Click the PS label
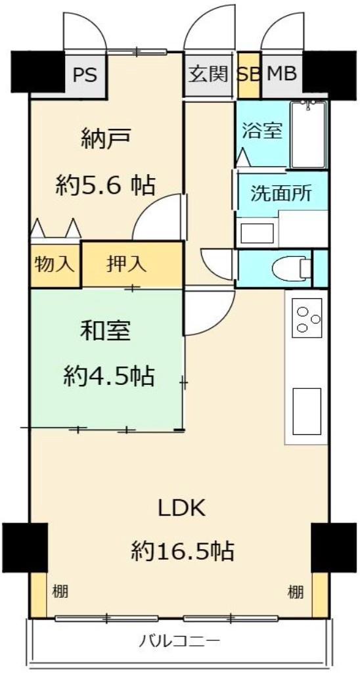[x=84, y=74]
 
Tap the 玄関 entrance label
[x=208, y=74]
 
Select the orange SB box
[x=248, y=74]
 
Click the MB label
[x=281, y=74]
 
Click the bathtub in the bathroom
[x=308, y=135]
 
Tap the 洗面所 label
[x=281, y=194]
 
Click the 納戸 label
[x=105, y=139]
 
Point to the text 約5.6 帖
[x=105, y=186]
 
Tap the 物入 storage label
[x=55, y=265]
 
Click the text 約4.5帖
[x=109, y=376]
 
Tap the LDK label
[x=182, y=508]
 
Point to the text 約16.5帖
[x=182, y=550]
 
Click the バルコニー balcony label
[x=179, y=640]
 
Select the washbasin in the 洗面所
[x=257, y=233]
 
